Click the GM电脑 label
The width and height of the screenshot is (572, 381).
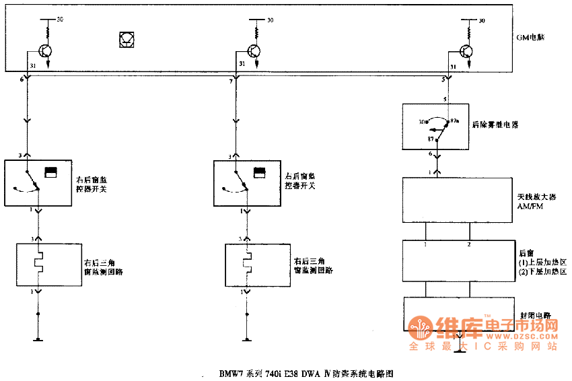pyautogui.click(x=530, y=38)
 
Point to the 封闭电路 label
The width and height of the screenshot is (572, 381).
pyautogui.click(x=536, y=314)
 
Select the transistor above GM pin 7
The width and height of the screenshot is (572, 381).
pyautogui.click(x=254, y=51)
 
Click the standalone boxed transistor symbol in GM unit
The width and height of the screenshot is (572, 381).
pyautogui.click(x=126, y=40)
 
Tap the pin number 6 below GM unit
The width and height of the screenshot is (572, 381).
pyautogui.click(x=22, y=79)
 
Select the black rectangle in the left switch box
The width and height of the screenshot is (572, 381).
pyautogui.click(x=50, y=172)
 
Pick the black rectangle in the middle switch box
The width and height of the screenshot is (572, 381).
pyautogui.click(x=260, y=172)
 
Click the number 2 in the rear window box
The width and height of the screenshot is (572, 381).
pyautogui.click(x=469, y=244)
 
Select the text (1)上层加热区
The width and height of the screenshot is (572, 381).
pyautogui.click(x=542, y=261)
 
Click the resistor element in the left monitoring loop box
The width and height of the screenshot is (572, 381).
pyautogui.click(x=40, y=263)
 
